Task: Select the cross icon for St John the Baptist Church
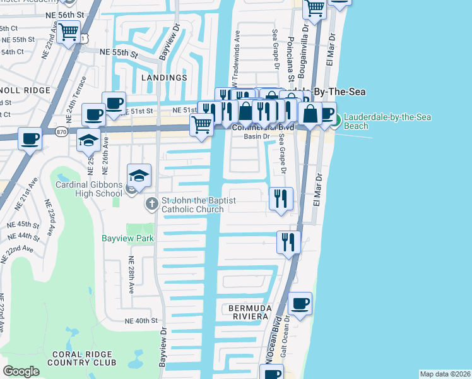tap(151, 204)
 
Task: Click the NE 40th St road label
tap(141, 321)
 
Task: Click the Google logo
tap(21, 371)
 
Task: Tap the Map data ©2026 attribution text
tap(444, 374)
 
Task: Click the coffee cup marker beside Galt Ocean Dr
tap(300, 303)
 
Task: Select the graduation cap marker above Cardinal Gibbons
tap(139, 175)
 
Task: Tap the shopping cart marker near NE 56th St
tap(69, 31)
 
